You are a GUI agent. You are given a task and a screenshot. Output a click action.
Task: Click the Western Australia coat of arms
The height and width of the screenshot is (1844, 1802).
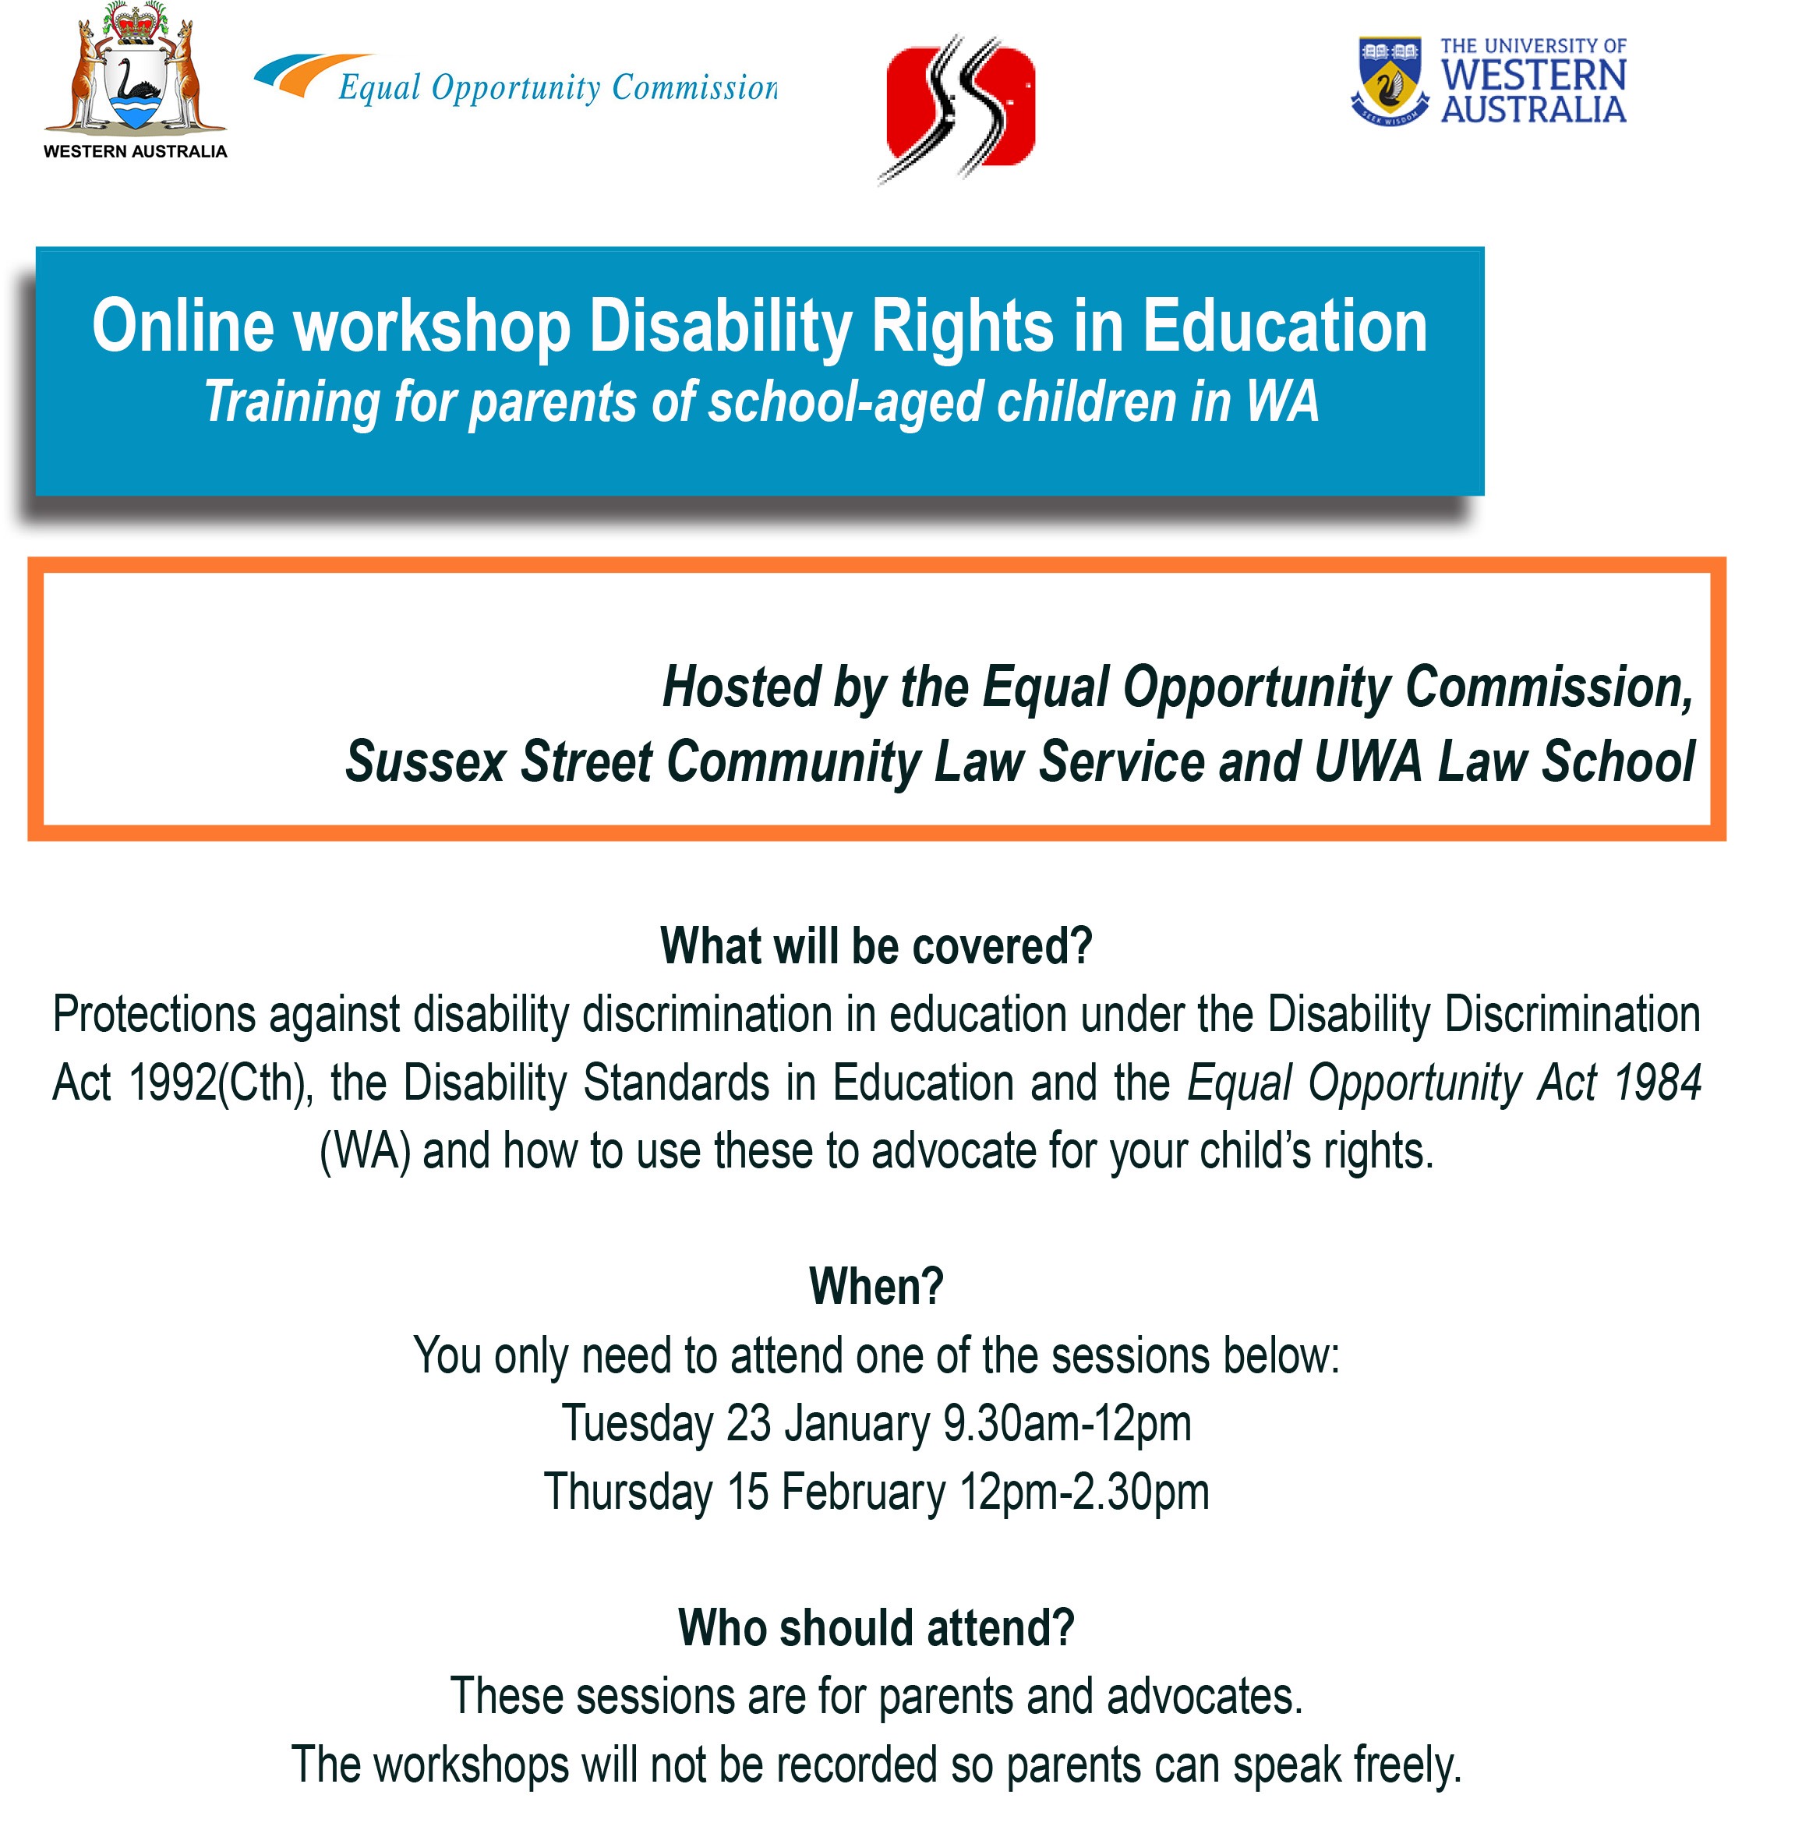pyautogui.click(x=136, y=68)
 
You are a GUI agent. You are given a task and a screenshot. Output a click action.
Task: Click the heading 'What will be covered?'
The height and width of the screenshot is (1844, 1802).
pyautogui.click(x=876, y=945)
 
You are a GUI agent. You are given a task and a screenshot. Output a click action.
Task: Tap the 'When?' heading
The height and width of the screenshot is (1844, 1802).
pyautogui.click(x=876, y=1285)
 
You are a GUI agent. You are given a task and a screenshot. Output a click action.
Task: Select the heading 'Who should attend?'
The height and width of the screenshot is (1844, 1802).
pyautogui.click(x=876, y=1627)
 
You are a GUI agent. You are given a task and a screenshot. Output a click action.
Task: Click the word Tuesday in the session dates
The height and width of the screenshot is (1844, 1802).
pyautogui.click(x=638, y=1424)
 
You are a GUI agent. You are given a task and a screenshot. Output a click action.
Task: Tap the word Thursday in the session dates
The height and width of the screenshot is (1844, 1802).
pyautogui.click(x=628, y=1492)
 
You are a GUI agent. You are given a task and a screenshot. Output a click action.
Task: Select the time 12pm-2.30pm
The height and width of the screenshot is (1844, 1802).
pyautogui.click(x=1085, y=1493)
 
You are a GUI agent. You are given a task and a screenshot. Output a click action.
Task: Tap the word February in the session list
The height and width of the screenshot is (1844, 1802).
pyautogui.click(x=863, y=1493)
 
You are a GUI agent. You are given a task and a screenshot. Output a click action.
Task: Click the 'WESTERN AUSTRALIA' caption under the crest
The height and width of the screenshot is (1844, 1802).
pyautogui.click(x=136, y=151)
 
